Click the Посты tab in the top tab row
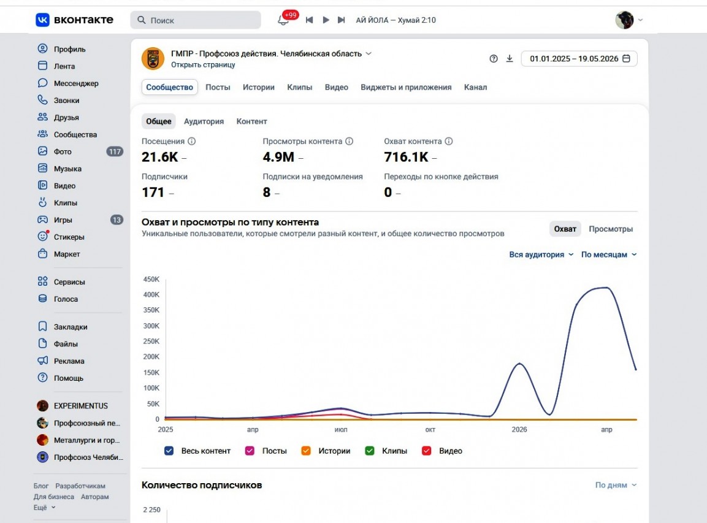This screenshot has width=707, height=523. [x=218, y=87]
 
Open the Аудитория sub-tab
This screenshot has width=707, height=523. [x=204, y=121]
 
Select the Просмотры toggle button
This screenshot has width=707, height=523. [x=611, y=229]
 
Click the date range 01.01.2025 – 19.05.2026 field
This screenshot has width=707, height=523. [x=579, y=59]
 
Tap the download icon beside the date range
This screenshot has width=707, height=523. [x=510, y=59]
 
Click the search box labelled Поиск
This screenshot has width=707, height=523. [x=196, y=20]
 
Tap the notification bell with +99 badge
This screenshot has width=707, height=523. [x=283, y=20]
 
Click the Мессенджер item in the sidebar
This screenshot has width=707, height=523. [x=76, y=83]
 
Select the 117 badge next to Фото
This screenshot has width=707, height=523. [x=115, y=151]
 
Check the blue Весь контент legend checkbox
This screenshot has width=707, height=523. [x=169, y=451]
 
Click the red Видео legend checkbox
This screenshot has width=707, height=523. [x=427, y=451]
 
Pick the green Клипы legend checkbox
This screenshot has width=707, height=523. [x=370, y=451]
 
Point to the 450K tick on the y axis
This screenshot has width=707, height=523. [x=151, y=280]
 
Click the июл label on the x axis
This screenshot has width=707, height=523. [x=341, y=430]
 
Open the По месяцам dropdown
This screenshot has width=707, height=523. [x=609, y=254]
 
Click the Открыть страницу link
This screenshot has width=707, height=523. [x=203, y=65]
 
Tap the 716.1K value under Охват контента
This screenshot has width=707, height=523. [x=406, y=157]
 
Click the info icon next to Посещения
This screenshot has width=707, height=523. [x=192, y=141]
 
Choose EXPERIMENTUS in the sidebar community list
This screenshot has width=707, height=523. [x=81, y=406]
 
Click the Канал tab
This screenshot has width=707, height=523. [x=475, y=87]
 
